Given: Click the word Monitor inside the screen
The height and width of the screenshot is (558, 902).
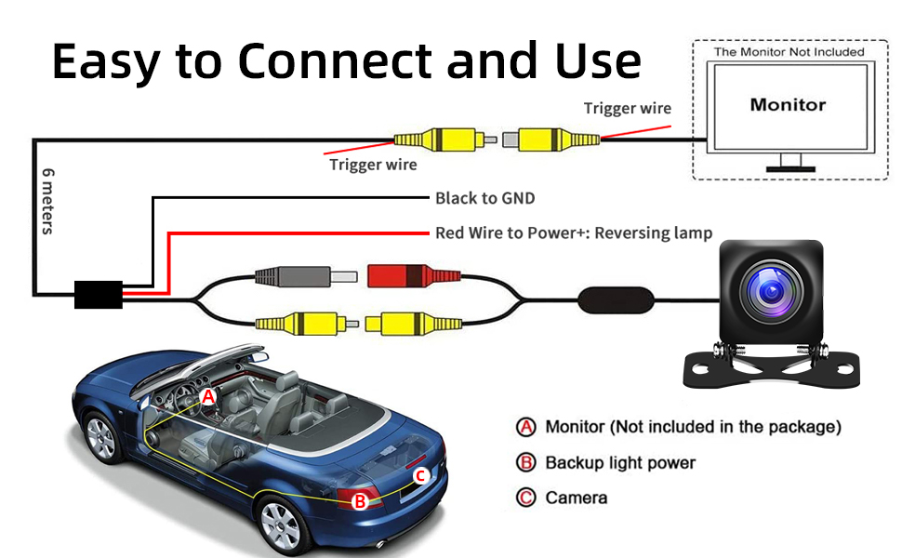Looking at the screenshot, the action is click(x=788, y=105).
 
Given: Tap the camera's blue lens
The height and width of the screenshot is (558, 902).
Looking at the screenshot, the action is click(x=772, y=290).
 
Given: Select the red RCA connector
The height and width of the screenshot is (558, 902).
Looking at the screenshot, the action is click(x=414, y=276).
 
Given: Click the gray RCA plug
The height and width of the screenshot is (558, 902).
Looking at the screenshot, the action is click(x=305, y=277).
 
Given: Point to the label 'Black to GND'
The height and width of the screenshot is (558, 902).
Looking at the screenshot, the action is click(x=484, y=198).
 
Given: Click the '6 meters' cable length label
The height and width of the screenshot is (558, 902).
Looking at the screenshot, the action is click(x=47, y=201).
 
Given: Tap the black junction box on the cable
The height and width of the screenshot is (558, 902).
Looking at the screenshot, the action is click(x=99, y=295).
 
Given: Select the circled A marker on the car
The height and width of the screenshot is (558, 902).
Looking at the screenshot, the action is click(x=208, y=396).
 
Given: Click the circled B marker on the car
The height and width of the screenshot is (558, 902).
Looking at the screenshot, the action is click(x=360, y=501).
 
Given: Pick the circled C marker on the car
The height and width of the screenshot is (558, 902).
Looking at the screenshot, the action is click(x=420, y=476).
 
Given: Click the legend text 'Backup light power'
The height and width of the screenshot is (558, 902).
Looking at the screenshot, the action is click(x=620, y=462).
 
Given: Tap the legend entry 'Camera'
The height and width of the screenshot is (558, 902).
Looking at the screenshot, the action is click(x=576, y=498).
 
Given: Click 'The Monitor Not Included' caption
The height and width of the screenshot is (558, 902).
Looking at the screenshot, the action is click(x=789, y=52).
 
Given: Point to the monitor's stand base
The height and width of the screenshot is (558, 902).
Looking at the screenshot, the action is click(x=790, y=169).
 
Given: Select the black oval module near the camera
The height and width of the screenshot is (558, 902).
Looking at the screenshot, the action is click(x=616, y=300).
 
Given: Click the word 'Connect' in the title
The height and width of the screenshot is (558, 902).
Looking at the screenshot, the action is click(x=334, y=61).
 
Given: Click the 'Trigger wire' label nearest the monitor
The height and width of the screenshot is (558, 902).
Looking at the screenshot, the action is click(x=627, y=109).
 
